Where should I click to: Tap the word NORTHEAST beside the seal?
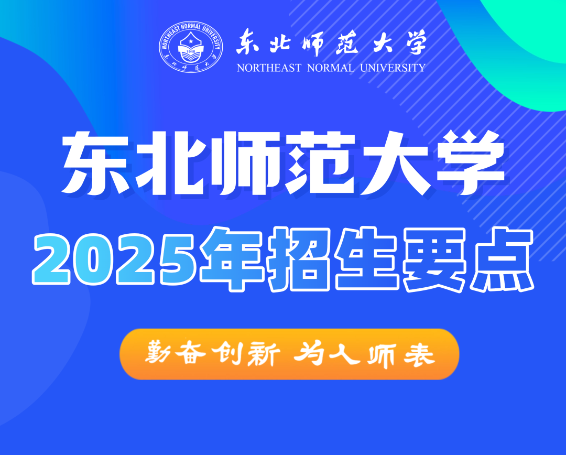coord(269,68)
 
